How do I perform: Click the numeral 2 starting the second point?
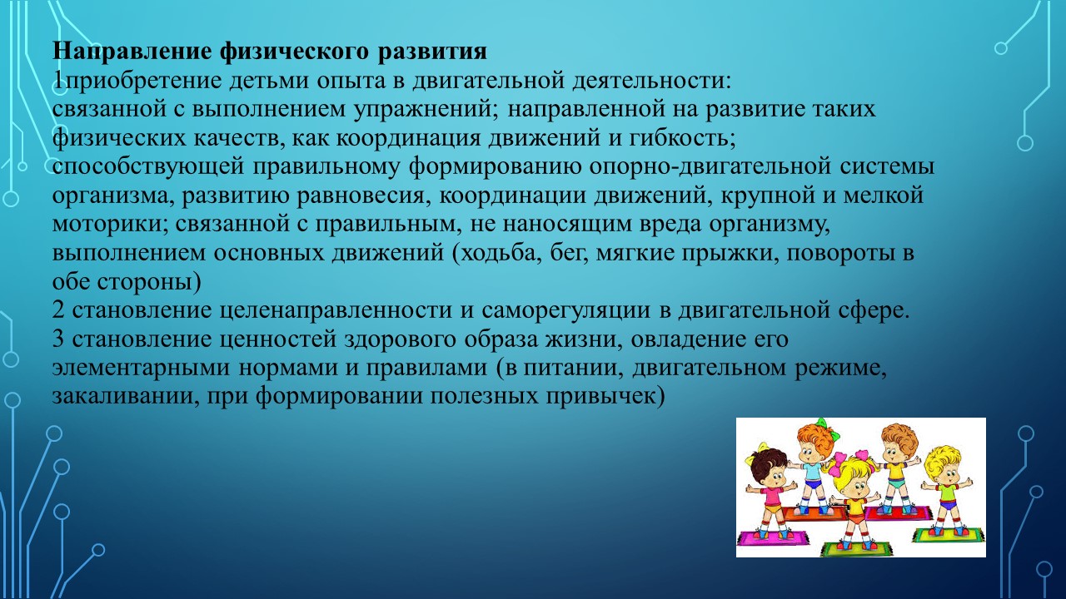coord(58,310)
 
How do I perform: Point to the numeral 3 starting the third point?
coord(58,339)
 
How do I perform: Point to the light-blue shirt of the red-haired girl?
coord(813,472)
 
